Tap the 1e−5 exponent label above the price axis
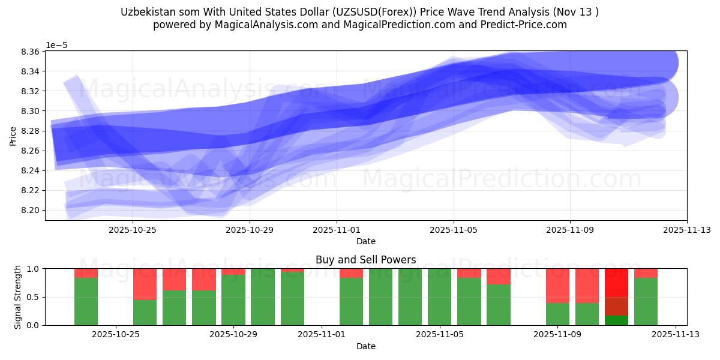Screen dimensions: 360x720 pyautogui.click(x=58, y=45)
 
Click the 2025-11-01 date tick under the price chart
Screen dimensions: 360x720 pyautogui.click(x=337, y=229)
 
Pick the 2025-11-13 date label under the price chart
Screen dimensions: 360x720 pyautogui.click(x=687, y=229)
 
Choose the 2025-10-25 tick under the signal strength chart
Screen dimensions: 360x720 pyautogui.click(x=115, y=334)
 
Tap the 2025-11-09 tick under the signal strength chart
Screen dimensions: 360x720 pyautogui.click(x=557, y=334)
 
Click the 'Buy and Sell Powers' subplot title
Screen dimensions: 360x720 pyautogui.click(x=365, y=260)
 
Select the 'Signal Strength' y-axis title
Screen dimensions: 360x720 pyautogui.click(x=18, y=297)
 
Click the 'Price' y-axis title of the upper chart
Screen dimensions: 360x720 pyautogui.click(x=13, y=136)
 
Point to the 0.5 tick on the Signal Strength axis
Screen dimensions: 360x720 pyautogui.click(x=34, y=297)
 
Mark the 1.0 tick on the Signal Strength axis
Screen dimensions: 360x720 pyautogui.click(x=34, y=269)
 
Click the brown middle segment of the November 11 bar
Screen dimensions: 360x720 pyautogui.click(x=616, y=306)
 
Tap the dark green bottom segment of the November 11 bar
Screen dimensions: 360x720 pyautogui.click(x=616, y=320)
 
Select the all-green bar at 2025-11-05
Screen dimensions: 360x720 pyautogui.click(x=440, y=297)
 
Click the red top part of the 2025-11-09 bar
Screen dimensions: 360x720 pyautogui.click(x=557, y=286)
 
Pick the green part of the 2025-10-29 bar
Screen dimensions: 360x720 pyautogui.click(x=233, y=300)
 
